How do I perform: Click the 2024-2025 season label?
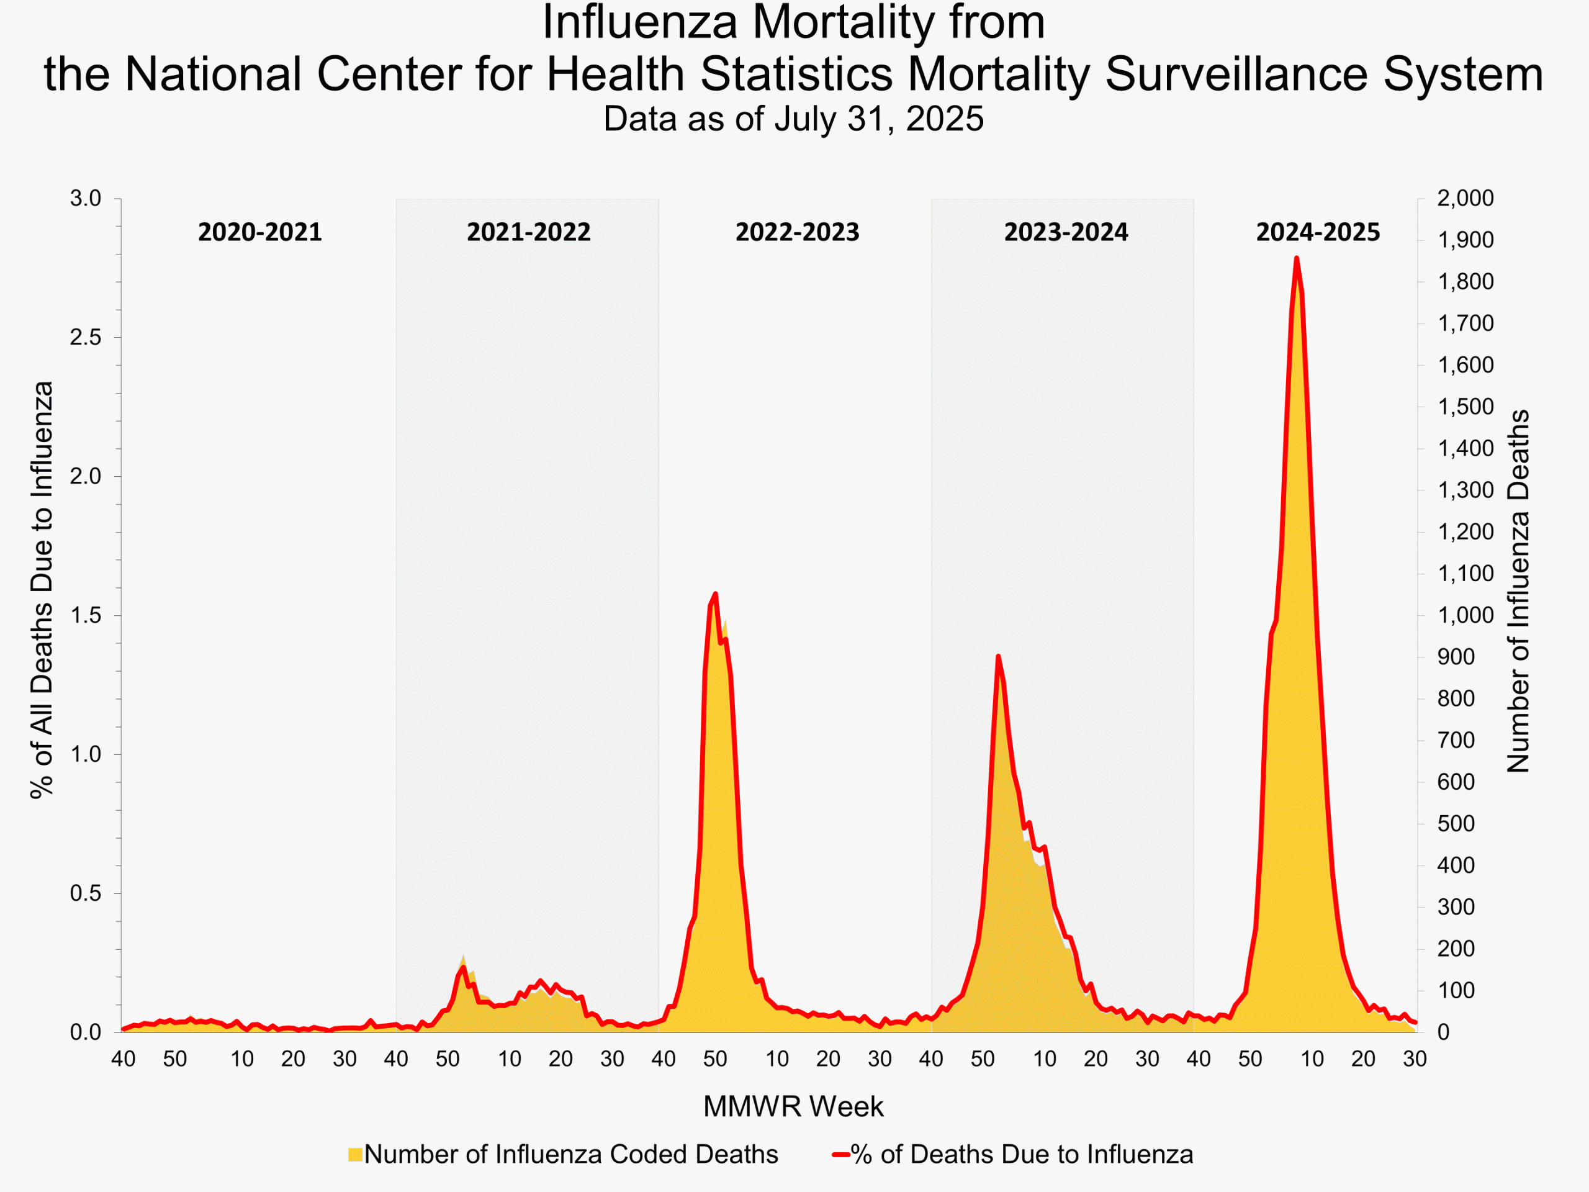tap(1318, 232)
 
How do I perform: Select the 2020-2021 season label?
tap(259, 232)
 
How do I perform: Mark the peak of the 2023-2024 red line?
tap(998, 656)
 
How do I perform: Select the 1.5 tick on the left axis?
tap(86, 616)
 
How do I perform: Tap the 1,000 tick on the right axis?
tap(1465, 616)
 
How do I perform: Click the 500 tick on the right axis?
tap(1456, 824)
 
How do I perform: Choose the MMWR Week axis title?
tap(793, 1106)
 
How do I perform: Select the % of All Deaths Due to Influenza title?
tap(42, 589)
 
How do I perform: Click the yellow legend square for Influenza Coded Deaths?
tap(355, 1155)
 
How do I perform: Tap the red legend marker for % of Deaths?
tap(841, 1155)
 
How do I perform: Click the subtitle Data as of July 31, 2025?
tap(793, 119)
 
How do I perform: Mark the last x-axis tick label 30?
tap(1415, 1059)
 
